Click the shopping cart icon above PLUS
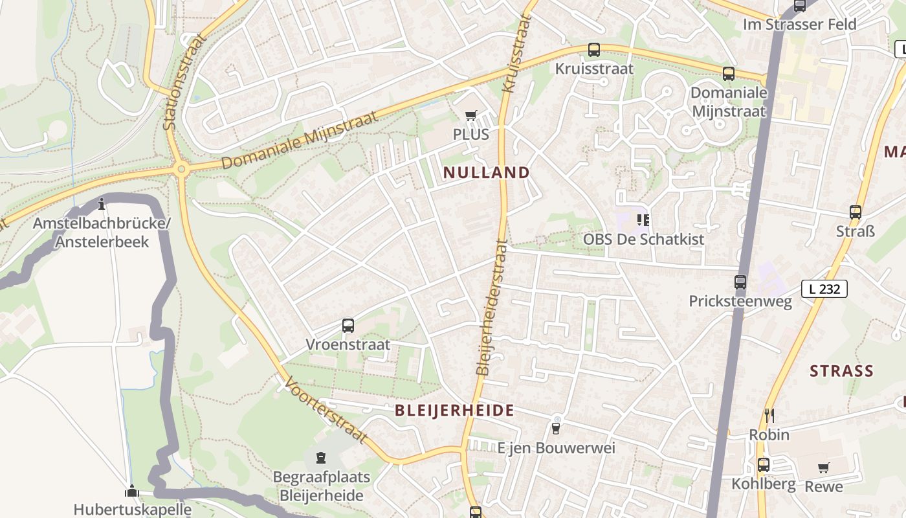tap(471, 116)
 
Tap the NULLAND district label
tap(487, 173)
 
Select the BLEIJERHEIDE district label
tap(454, 410)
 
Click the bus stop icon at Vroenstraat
tap(348, 326)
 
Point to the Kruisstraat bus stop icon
tap(594, 50)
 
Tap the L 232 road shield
tap(824, 289)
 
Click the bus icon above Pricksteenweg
tap(740, 282)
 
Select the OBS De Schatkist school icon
tap(643, 220)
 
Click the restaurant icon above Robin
tap(769, 415)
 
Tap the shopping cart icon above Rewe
tap(824, 467)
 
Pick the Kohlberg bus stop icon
tap(764, 464)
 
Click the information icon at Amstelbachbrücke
tap(102, 205)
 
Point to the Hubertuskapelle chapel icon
tap(132, 491)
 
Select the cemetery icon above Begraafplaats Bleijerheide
tap(321, 458)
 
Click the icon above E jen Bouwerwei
tap(556, 427)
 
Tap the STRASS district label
tap(841, 371)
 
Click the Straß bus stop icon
tap(856, 212)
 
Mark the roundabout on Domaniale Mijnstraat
tap(181, 170)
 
